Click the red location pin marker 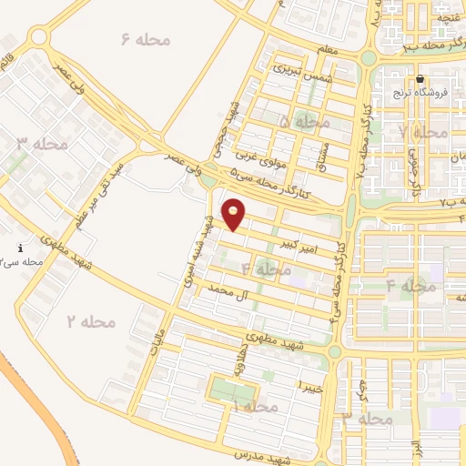point(235,214)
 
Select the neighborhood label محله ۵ point(305,121)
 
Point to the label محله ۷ point(424,132)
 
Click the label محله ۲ point(91,321)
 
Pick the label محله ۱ point(254,407)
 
